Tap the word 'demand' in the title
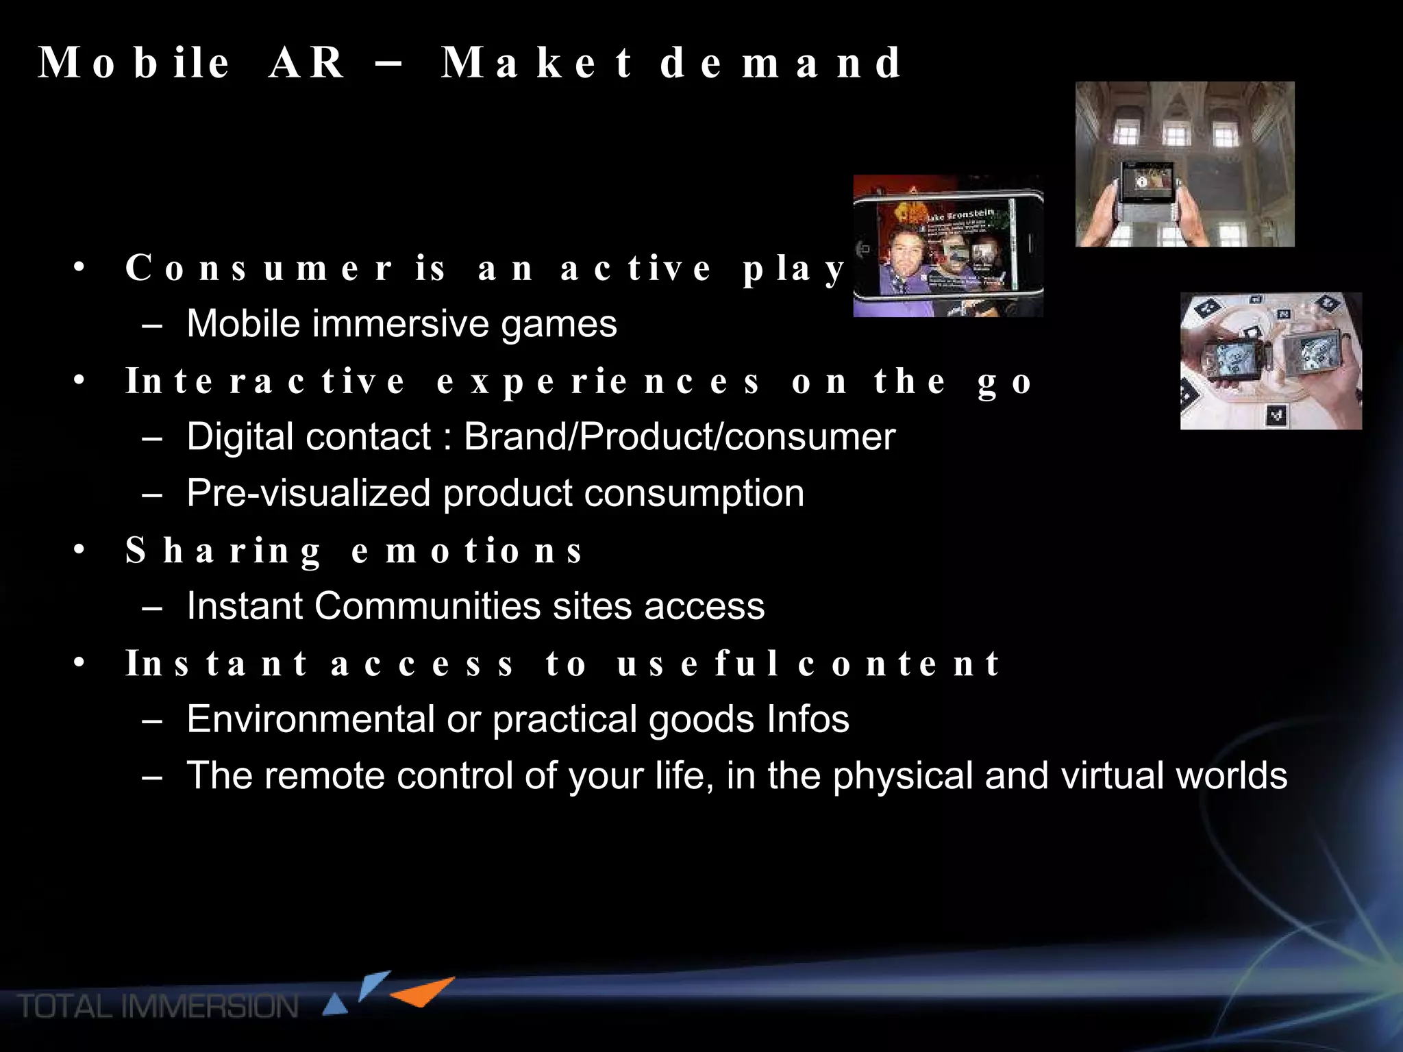pyautogui.click(x=780, y=63)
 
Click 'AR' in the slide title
pyautogui.click(x=306, y=63)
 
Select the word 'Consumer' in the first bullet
pyautogui.click(x=258, y=268)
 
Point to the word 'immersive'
pyautogui.click(x=400, y=324)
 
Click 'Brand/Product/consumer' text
pyautogui.click(x=679, y=437)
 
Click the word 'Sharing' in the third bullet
pyautogui.click(x=223, y=551)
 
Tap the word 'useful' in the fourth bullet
pyautogui.click(x=698, y=664)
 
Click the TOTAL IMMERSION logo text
pyautogui.click(x=158, y=1007)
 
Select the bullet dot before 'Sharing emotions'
pyautogui.click(x=79, y=549)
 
